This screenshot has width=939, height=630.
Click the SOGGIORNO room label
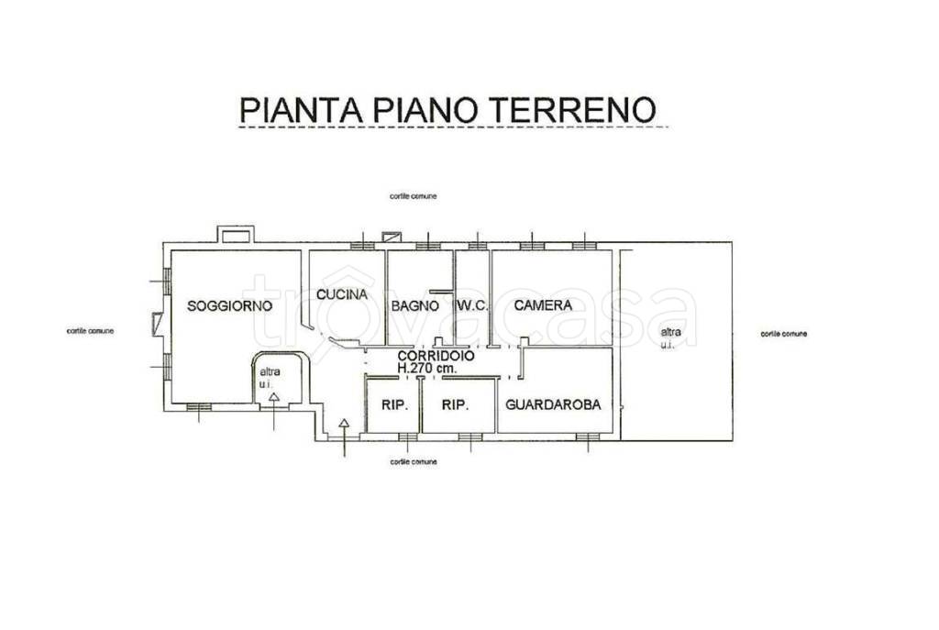229,306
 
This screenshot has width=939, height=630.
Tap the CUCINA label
342,295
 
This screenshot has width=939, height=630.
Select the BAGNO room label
414,306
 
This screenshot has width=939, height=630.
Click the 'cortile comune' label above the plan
413,196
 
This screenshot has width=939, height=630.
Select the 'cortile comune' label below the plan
413,462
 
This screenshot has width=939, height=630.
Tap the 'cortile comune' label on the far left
90,331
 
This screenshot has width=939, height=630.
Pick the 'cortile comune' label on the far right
784,334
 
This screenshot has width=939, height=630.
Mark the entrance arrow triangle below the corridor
344,424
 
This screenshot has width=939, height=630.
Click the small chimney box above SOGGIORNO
228,235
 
